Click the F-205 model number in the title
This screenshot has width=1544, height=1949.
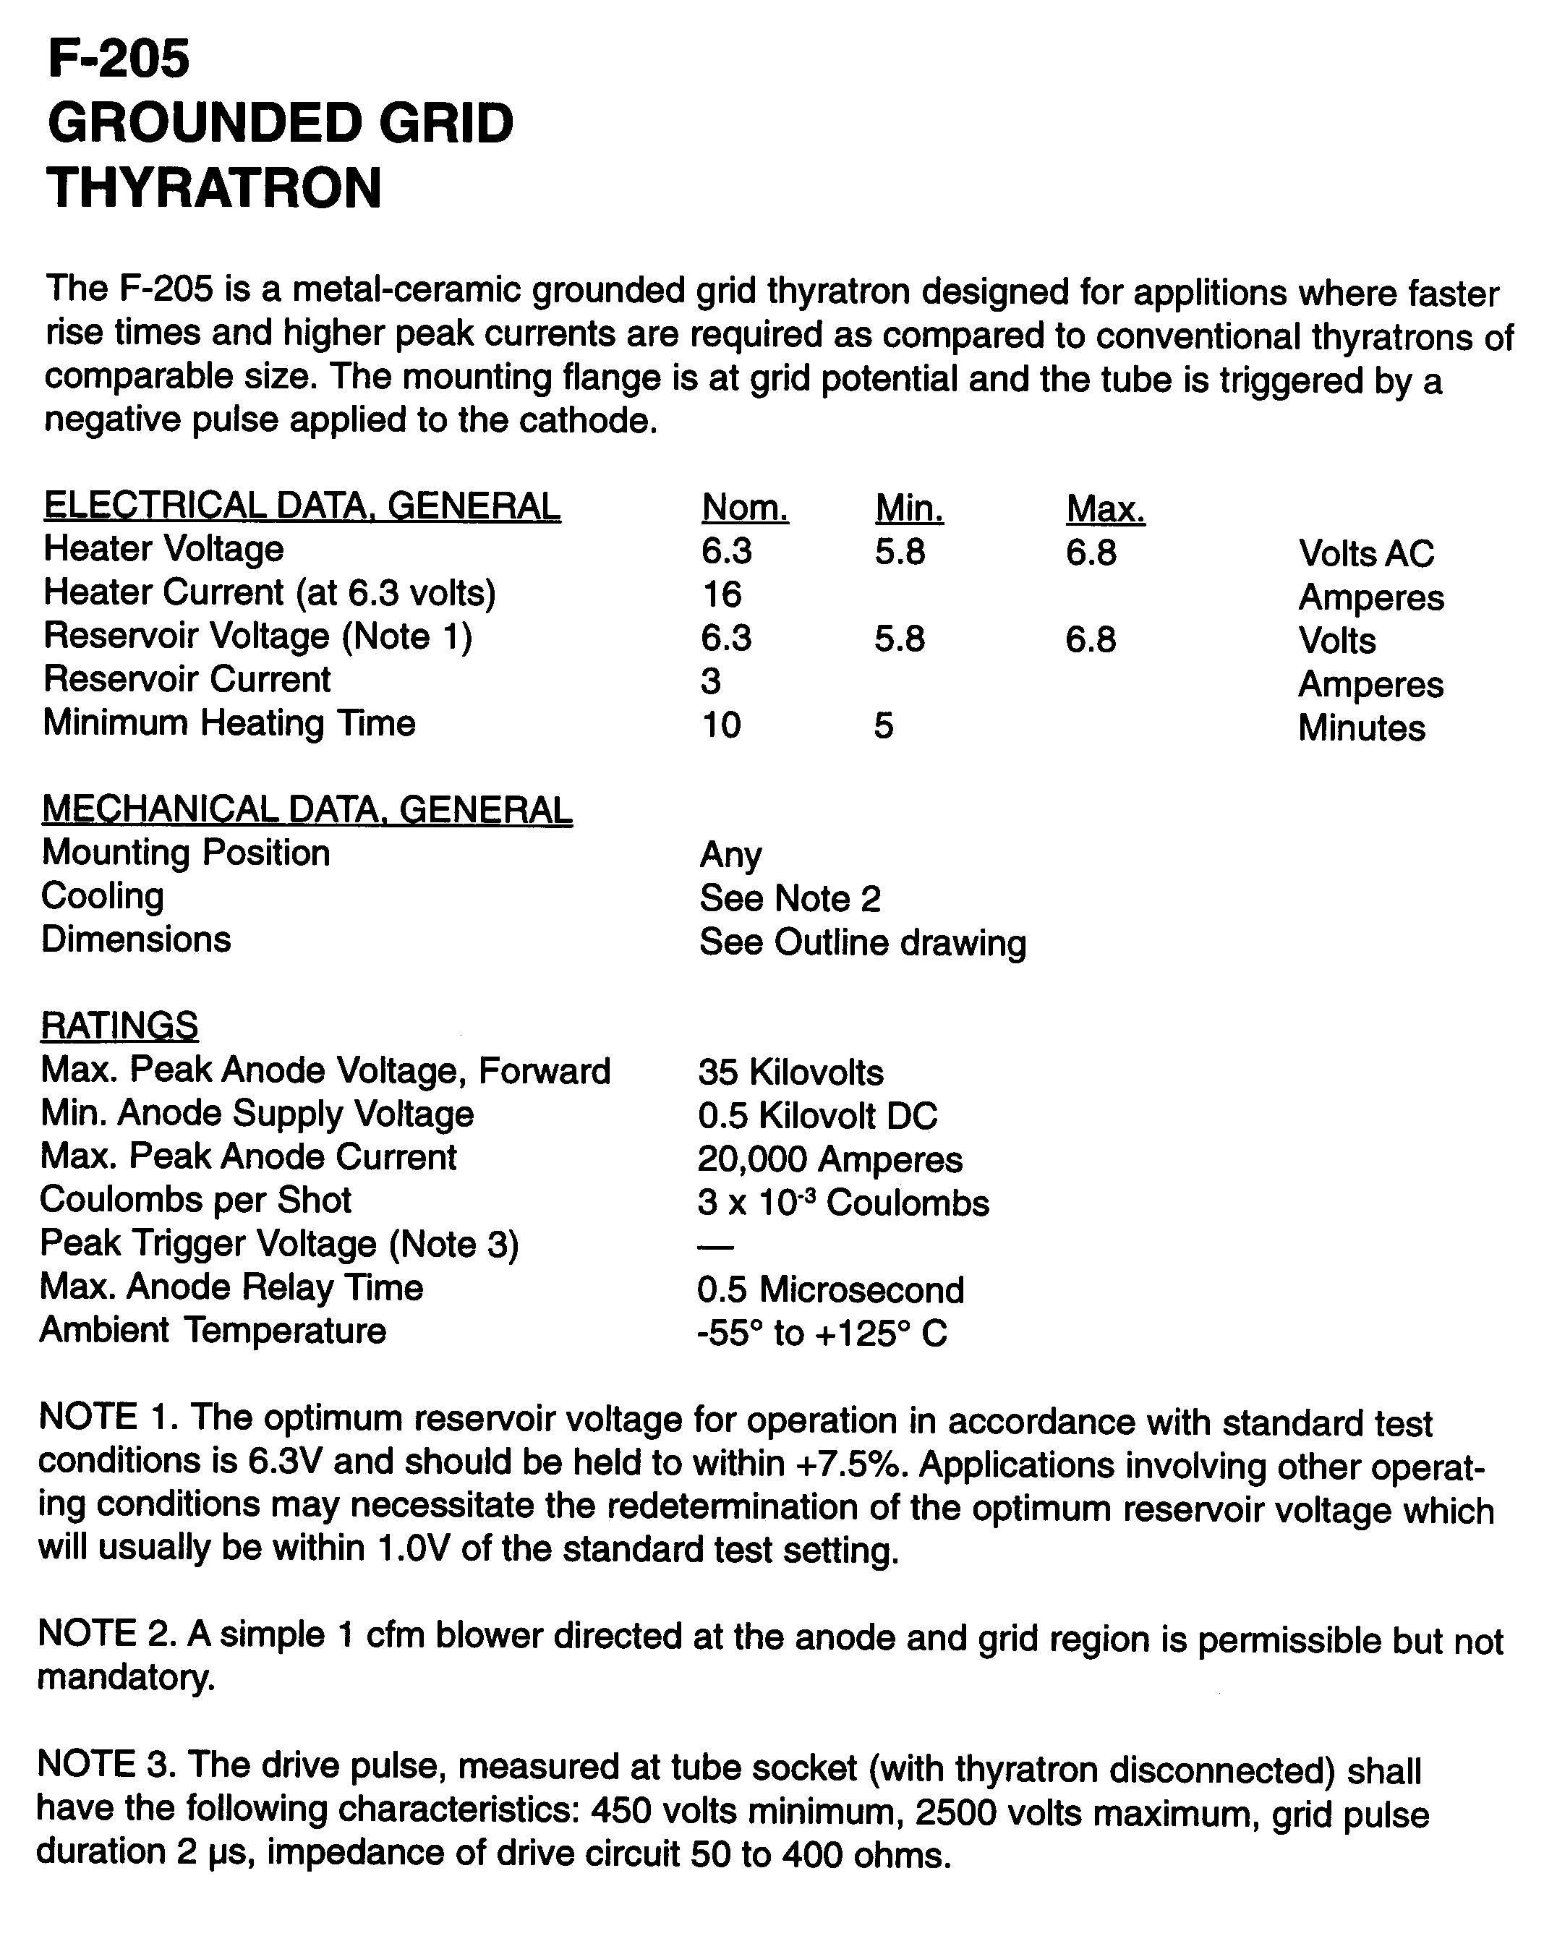click(x=119, y=59)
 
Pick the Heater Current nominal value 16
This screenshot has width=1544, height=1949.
click(x=722, y=594)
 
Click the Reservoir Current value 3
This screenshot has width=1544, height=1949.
click(x=710, y=681)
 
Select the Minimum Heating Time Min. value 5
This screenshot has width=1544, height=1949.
click(x=883, y=726)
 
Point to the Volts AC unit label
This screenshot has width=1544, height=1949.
click(x=1365, y=554)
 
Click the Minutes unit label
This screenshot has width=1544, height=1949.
click(x=1361, y=729)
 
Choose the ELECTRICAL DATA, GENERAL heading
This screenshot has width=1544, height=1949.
click(x=302, y=506)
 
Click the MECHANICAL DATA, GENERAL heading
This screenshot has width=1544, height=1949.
click(x=307, y=810)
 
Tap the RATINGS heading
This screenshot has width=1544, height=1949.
click(x=119, y=1026)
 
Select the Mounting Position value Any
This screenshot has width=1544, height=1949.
click(x=730, y=854)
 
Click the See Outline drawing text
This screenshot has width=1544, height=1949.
click(x=862, y=943)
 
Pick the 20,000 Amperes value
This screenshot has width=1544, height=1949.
click(x=830, y=1160)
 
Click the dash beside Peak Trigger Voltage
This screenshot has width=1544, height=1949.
click(x=716, y=1248)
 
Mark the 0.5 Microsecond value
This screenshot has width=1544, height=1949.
click(x=830, y=1290)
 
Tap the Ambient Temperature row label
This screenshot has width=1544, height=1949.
click(x=213, y=1331)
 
